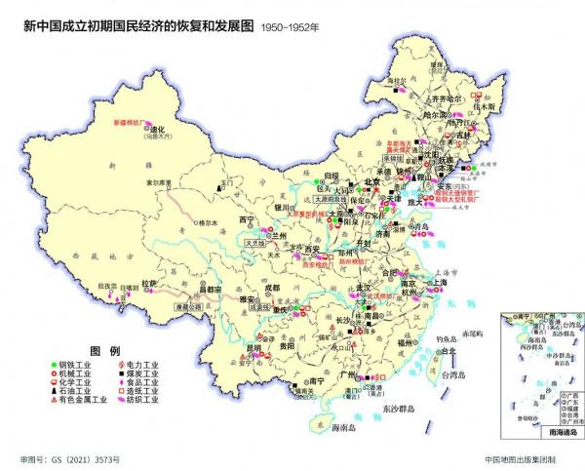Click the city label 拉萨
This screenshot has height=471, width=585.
pyautogui.click(x=149, y=282)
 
